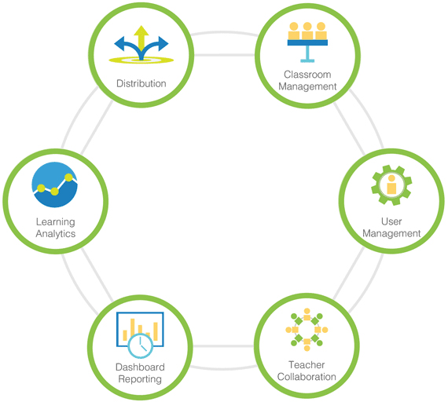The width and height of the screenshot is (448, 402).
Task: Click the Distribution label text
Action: (x=141, y=83)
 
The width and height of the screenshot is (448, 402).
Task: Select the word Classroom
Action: (x=307, y=75)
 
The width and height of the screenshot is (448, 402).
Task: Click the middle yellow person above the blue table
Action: (x=307, y=31)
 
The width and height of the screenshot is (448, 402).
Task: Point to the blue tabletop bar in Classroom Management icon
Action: (x=307, y=42)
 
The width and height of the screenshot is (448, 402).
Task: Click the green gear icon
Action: (x=391, y=185)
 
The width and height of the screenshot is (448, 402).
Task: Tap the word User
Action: (x=391, y=221)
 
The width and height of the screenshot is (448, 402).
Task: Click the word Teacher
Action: (x=307, y=364)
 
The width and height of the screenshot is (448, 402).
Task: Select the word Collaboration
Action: (x=307, y=377)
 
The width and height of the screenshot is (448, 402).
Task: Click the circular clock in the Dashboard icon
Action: (x=140, y=345)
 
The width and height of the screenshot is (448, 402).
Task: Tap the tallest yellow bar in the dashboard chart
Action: (x=133, y=327)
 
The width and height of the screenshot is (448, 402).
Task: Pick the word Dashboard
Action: (x=140, y=367)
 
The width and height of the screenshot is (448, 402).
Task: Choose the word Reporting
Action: (x=140, y=379)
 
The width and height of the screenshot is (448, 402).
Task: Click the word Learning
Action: (x=56, y=222)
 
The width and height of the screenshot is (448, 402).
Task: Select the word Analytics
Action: (x=56, y=233)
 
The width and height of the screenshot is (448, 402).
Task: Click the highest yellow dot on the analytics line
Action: (x=69, y=177)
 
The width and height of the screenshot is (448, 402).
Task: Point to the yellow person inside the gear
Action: (x=391, y=185)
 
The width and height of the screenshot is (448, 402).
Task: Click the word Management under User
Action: (x=391, y=233)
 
